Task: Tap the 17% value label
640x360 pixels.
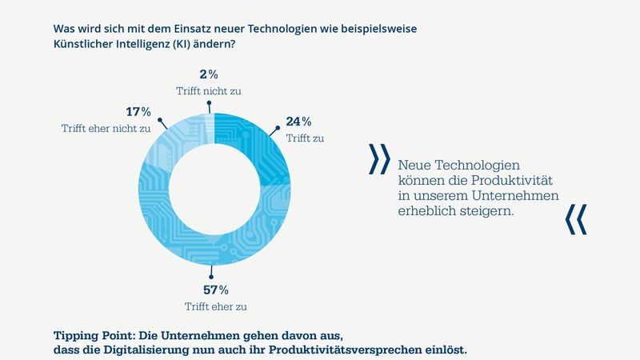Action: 139,111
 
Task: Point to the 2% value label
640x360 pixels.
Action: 208,74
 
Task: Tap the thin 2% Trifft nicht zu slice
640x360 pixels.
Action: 210,120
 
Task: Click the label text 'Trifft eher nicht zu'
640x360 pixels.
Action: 105,127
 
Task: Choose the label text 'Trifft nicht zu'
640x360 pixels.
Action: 208,90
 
